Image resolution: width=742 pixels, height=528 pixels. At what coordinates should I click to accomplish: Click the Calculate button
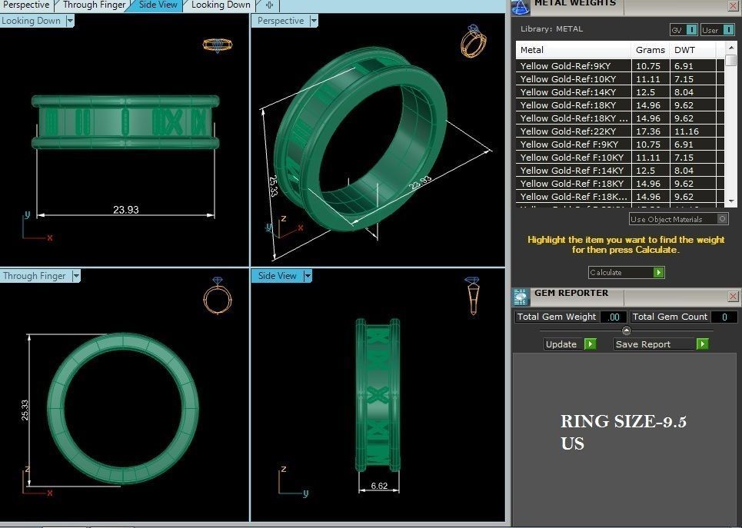[625, 272]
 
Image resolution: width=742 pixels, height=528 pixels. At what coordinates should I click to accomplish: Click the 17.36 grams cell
[647, 131]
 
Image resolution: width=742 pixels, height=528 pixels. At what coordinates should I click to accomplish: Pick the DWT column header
[684, 50]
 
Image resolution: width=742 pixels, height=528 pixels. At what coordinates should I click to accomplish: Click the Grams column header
[650, 50]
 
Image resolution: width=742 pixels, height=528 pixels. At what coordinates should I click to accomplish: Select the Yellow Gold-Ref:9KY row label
[565, 66]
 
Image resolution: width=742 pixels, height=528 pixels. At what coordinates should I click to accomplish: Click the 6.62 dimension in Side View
[378, 486]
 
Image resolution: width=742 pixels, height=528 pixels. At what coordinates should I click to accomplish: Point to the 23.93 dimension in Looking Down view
[125, 209]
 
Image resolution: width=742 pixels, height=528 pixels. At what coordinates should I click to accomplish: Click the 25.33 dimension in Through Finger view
[25, 409]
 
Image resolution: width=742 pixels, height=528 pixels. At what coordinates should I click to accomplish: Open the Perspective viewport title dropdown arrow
[314, 21]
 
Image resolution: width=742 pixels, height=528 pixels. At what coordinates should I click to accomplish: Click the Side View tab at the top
[158, 5]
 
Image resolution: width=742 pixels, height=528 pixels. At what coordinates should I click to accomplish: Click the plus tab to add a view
[268, 5]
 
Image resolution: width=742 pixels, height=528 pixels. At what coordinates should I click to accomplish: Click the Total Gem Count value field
[723, 317]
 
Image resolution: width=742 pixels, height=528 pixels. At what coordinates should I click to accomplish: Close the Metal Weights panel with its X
[732, 5]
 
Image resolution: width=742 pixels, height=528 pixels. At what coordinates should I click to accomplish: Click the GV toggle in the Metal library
[683, 30]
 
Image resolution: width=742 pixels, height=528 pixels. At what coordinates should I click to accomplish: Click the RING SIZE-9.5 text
[623, 421]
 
